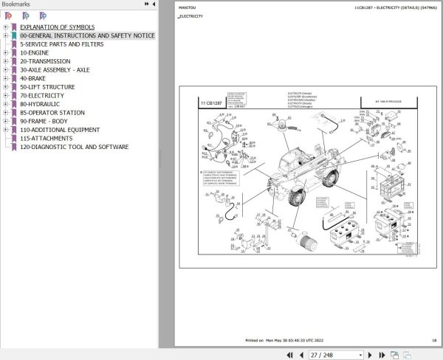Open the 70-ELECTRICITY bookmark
(41, 95)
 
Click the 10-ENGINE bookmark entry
(35, 52)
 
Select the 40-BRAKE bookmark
(34, 78)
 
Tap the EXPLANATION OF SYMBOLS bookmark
(58, 27)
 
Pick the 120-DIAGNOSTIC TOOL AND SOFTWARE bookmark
(74, 147)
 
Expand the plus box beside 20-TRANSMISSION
(5, 61)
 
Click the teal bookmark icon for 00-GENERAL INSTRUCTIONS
(13, 35)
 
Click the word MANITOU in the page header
(188, 8)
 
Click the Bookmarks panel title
(16, 4)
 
